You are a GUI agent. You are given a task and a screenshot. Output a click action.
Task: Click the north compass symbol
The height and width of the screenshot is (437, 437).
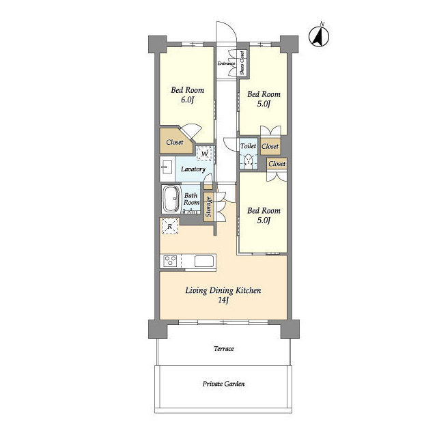(319, 36)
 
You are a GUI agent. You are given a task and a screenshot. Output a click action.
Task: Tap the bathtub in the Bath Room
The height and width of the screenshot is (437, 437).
(171, 199)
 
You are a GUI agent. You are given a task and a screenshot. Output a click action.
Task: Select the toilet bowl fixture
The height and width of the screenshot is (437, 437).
(248, 161)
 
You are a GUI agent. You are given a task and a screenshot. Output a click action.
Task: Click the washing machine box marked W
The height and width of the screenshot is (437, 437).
(205, 153)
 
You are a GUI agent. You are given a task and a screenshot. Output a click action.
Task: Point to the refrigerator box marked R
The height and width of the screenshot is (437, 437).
(169, 226)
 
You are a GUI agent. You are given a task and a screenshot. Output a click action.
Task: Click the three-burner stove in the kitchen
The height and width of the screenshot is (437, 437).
(170, 262)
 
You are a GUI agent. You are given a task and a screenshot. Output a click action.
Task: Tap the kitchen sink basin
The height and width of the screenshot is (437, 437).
(204, 262)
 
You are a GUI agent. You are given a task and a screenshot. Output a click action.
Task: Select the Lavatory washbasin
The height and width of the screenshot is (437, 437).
(167, 169)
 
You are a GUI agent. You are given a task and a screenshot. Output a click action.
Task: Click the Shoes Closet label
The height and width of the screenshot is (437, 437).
(242, 63)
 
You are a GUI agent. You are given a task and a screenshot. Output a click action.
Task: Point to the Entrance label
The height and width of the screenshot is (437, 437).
(226, 64)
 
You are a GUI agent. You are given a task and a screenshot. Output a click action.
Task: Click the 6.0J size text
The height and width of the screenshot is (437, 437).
(187, 100)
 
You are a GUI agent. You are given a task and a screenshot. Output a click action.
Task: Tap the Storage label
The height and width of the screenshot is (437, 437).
(208, 206)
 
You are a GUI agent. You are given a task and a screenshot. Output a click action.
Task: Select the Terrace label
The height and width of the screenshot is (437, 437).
(224, 348)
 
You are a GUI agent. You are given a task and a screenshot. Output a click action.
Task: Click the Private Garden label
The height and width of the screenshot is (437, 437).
(223, 384)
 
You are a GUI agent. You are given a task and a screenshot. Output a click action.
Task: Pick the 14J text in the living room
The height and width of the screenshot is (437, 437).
(223, 300)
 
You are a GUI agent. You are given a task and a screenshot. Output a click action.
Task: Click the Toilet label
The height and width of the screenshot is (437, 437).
(248, 145)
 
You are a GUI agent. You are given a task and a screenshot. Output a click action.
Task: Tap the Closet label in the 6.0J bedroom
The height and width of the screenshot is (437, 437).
(175, 142)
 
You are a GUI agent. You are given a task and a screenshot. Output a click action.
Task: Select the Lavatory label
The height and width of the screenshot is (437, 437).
(193, 169)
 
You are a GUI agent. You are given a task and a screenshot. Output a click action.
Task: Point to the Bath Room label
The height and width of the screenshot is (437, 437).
(191, 199)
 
